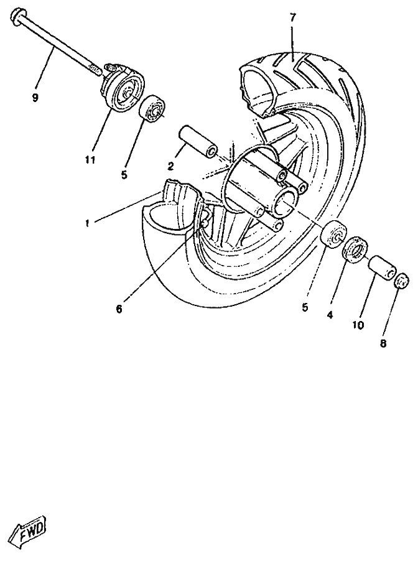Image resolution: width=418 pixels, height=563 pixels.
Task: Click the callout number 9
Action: point(35,98)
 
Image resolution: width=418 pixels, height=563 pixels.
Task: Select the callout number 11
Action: point(90,160)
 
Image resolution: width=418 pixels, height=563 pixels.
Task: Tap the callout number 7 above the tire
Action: point(293,17)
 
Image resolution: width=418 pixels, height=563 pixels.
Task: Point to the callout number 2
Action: point(170,166)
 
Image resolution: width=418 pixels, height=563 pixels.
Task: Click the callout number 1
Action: point(87,223)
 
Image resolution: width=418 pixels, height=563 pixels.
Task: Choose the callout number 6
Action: point(119,309)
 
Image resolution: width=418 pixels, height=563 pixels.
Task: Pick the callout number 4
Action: point(330,315)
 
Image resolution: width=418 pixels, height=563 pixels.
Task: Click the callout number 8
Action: point(383,343)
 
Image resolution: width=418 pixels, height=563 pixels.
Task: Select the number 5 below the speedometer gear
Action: point(124,175)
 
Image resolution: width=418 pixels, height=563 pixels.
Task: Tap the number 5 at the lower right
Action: point(305,307)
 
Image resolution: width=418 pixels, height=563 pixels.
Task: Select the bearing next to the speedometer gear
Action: point(151,107)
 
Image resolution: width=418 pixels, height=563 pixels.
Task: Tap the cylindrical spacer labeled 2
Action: point(198,142)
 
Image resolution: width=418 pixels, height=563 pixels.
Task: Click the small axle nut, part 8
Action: point(402,280)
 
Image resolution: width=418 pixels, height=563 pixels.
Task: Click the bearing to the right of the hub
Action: point(333,235)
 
